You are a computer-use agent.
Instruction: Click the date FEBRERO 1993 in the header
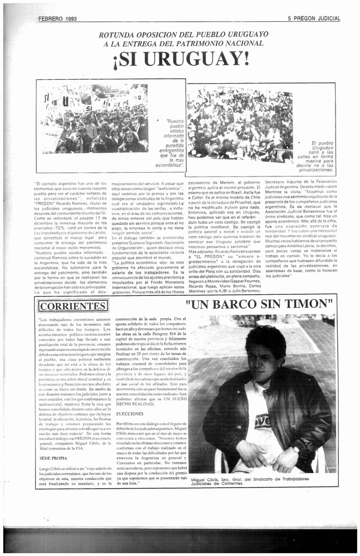click(58, 18)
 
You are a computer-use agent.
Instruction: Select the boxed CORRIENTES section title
click(72, 306)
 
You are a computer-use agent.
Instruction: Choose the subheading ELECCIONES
click(130, 414)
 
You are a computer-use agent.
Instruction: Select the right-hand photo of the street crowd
click(240, 124)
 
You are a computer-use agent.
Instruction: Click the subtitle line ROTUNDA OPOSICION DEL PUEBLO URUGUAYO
click(183, 35)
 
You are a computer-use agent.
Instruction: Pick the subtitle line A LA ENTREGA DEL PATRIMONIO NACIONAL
click(184, 43)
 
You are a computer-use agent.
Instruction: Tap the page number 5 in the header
click(290, 18)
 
